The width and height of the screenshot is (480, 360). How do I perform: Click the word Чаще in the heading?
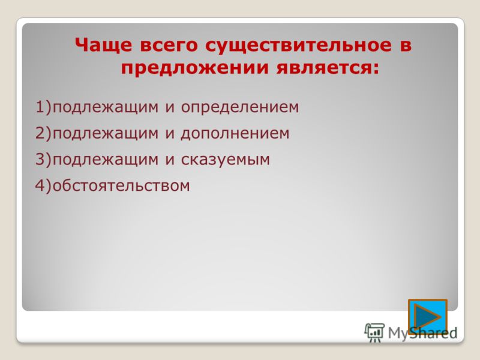coord(103,45)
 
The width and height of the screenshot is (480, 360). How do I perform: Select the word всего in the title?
coord(169,46)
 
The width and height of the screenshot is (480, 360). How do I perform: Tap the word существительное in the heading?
coord(298,46)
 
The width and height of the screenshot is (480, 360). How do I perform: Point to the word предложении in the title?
coord(195,68)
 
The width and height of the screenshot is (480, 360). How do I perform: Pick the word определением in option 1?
coord(240,107)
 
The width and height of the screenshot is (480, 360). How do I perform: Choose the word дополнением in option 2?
coord(235,134)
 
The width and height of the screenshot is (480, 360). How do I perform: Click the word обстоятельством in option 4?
coord(121,185)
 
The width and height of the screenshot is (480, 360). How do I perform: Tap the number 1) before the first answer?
coord(44,107)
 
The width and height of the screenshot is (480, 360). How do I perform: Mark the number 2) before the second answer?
coord(44,133)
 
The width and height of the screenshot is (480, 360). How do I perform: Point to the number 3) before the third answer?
coord(44,160)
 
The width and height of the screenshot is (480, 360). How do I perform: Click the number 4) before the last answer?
coord(44,186)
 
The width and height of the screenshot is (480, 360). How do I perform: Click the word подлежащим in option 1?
coord(106,107)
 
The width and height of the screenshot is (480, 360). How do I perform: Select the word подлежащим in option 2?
coord(106,134)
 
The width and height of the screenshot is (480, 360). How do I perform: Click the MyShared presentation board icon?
coord(374,332)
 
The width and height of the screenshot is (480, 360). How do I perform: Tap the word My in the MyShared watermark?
coord(398,334)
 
